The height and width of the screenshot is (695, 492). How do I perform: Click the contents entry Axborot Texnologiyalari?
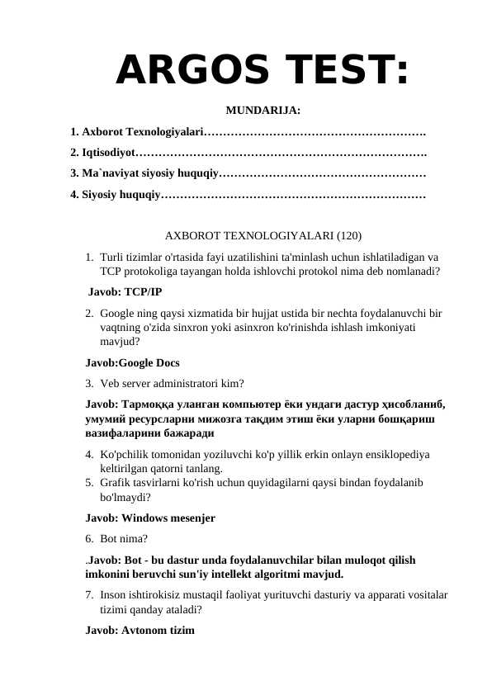click(x=137, y=132)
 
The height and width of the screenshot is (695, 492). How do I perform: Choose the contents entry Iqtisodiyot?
click(x=103, y=153)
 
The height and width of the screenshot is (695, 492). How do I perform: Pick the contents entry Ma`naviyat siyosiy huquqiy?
click(x=145, y=174)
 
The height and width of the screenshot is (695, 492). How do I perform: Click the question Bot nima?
click(x=124, y=539)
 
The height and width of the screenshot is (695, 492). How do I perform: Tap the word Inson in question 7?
click(x=115, y=594)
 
